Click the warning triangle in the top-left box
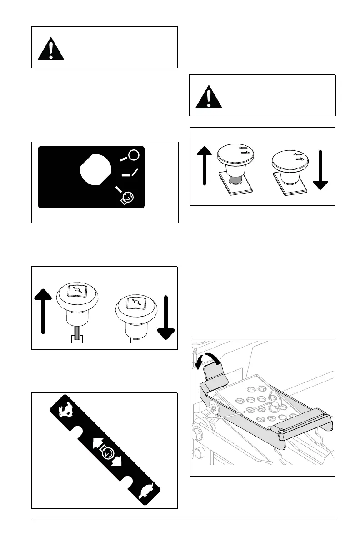[x=51, y=48]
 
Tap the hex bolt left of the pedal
[x=198, y=431]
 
